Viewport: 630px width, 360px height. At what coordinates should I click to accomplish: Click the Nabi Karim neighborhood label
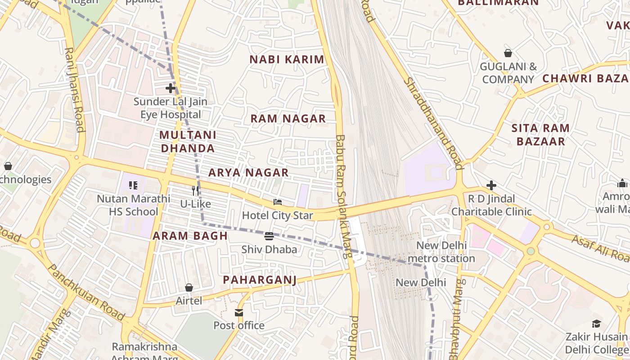(x=287, y=59)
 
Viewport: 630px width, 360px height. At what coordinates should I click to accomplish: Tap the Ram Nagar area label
(x=288, y=119)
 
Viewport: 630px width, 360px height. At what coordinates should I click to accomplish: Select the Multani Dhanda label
(x=188, y=141)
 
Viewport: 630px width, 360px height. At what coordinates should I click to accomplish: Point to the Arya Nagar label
(x=248, y=173)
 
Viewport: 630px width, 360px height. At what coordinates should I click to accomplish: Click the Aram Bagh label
(x=190, y=236)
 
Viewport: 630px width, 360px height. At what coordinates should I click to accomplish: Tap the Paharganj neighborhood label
(x=260, y=280)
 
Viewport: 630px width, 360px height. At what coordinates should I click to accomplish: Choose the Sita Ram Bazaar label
(x=540, y=135)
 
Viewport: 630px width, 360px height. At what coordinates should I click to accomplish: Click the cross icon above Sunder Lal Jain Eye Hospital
(x=170, y=88)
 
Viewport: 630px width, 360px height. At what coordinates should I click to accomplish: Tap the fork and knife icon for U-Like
(x=195, y=190)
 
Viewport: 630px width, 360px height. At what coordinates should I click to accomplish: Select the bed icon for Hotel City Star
(x=278, y=202)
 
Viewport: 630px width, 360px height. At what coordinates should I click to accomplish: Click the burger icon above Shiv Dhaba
(x=269, y=236)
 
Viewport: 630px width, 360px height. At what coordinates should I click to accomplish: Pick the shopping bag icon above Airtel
(x=189, y=288)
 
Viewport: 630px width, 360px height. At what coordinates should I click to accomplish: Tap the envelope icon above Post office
(x=239, y=312)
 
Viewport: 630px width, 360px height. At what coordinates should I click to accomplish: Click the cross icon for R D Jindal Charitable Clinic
(x=491, y=185)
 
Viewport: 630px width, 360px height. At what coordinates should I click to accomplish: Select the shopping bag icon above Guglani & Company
(x=508, y=54)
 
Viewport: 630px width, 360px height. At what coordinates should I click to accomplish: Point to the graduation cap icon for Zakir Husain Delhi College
(x=596, y=324)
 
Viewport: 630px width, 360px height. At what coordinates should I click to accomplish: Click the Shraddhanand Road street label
(x=434, y=123)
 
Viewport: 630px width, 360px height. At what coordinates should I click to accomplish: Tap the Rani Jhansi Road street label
(x=75, y=90)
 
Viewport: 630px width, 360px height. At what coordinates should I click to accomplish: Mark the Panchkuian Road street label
(x=85, y=292)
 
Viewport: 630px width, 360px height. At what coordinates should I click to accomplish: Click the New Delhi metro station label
(x=441, y=252)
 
